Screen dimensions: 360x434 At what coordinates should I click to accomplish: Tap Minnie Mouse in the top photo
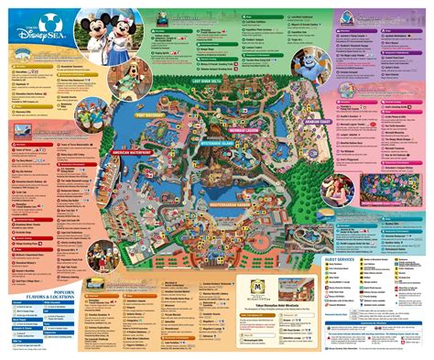pos(118,33)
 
